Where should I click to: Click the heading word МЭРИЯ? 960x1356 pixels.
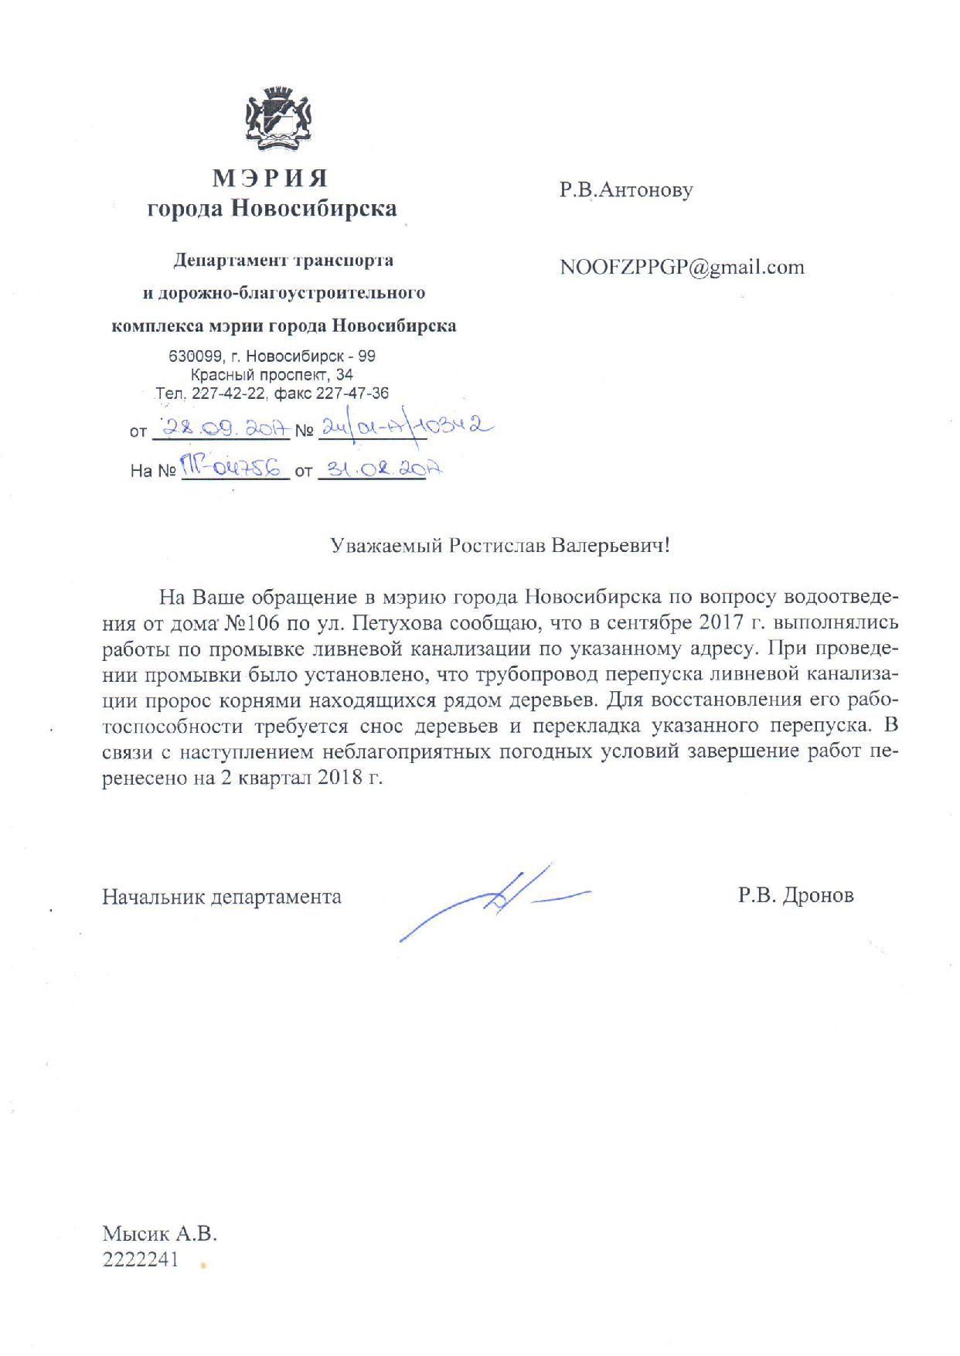[271, 179]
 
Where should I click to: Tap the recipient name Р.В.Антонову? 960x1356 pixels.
[626, 190]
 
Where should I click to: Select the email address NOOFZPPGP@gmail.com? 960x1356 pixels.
[682, 267]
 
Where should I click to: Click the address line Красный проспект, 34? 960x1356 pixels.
[272, 375]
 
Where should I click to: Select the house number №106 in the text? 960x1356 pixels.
[250, 623]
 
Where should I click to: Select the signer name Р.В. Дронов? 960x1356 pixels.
[795, 896]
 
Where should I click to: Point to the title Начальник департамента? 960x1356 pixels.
[222, 897]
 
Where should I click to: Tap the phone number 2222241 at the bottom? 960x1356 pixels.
[140, 1259]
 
